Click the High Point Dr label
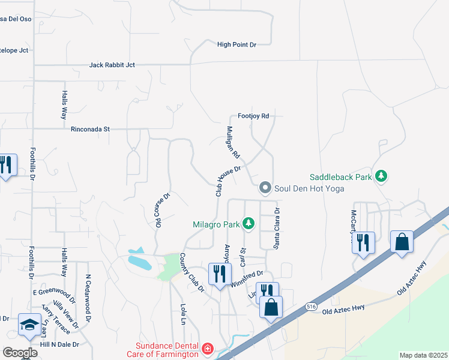point(237,44)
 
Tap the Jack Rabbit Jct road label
point(112,65)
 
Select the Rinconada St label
point(91,128)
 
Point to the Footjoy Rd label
point(253,116)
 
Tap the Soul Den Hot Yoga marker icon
point(265,188)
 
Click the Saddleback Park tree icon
point(380,176)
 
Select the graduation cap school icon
point(29,325)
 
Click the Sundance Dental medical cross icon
point(207,349)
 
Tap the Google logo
point(20,353)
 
